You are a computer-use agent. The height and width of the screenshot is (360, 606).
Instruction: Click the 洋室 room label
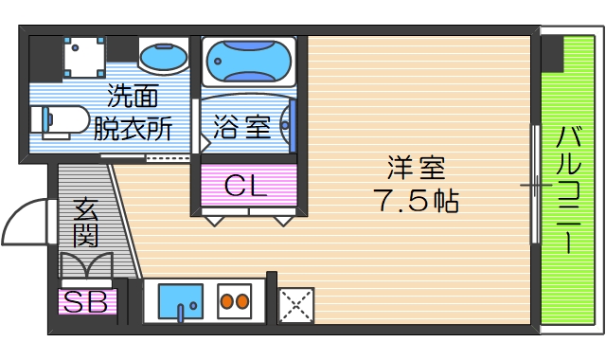(x=415, y=169)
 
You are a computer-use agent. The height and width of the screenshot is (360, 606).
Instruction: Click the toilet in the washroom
(x=57, y=119)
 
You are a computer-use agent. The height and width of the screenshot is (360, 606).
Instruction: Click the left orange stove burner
(x=226, y=303)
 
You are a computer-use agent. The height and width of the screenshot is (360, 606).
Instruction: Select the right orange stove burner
(x=242, y=303)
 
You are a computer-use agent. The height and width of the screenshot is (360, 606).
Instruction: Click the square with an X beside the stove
(x=295, y=305)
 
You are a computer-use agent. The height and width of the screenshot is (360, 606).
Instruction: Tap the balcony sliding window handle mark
(x=536, y=185)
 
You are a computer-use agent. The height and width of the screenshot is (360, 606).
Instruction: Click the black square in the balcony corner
(x=553, y=55)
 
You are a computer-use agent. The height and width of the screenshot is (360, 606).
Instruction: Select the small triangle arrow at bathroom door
(x=203, y=145)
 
